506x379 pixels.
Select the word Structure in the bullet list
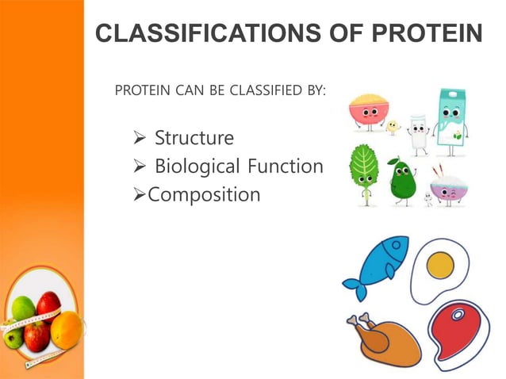coord(194,138)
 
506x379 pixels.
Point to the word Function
coord(286,167)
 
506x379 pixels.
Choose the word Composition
coord(204,194)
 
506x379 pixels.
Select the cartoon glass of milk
coord(417,136)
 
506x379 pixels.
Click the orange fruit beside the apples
coord(67,330)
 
